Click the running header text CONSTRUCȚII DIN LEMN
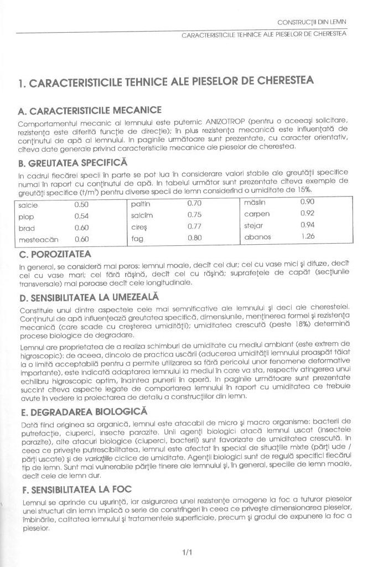[313, 22]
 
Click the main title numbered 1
[166, 82]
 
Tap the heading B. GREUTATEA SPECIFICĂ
[72, 163]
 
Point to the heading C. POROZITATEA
[55, 254]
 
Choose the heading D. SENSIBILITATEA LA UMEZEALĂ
[89, 297]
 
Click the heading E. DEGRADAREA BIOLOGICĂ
[83, 412]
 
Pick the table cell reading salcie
[28, 205]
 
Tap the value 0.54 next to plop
[81, 217]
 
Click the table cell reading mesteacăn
[38, 239]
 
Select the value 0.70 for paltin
[194, 203]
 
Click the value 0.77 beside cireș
[194, 226]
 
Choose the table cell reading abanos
[258, 237]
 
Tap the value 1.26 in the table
[308, 236]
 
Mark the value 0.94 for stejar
[307, 225]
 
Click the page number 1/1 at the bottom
[186, 552]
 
